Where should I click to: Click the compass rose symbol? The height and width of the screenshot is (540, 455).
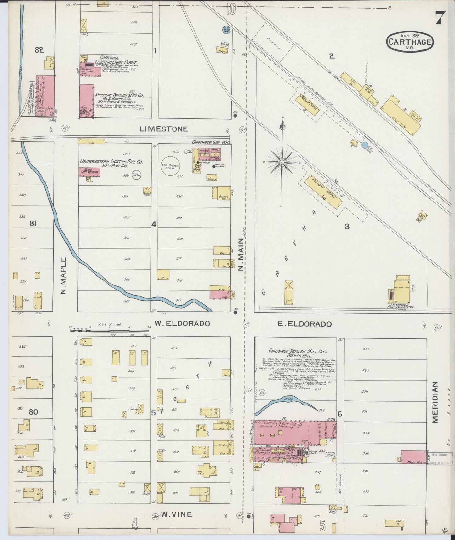tap(282, 162)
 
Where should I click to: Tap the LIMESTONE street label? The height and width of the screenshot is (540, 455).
tap(164, 129)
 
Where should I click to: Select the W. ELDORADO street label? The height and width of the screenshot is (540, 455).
tap(182, 324)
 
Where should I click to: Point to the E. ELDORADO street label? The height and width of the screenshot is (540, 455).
tap(305, 324)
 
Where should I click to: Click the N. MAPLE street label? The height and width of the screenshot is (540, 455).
tap(64, 276)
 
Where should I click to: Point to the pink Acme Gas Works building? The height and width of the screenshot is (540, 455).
tap(89, 171)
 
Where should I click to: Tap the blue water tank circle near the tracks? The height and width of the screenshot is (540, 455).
tap(365, 145)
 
